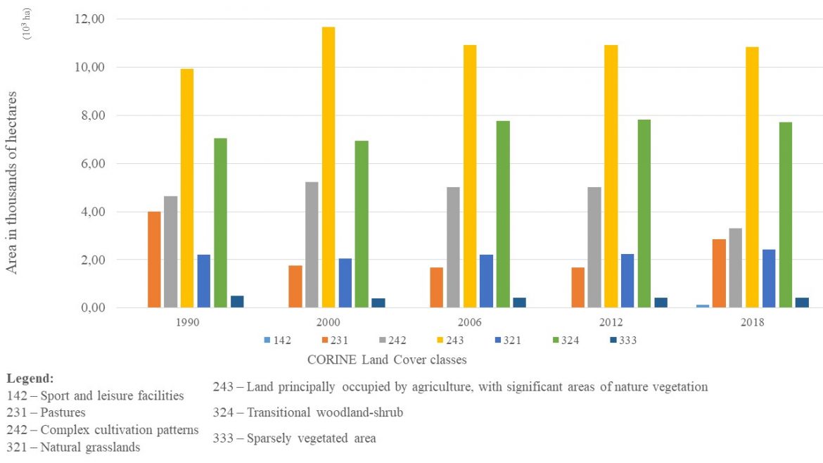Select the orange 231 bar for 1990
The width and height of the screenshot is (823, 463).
point(154,260)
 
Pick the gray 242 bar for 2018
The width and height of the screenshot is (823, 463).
point(735,268)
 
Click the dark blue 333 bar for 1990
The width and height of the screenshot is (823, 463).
point(237,302)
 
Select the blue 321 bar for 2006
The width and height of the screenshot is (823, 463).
point(486,281)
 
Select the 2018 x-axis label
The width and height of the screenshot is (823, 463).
point(752,323)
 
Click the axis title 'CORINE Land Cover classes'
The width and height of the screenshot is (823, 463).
point(387,360)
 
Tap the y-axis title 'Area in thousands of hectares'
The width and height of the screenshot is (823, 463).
point(12,191)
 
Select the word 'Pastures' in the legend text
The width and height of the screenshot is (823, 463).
point(63,412)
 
